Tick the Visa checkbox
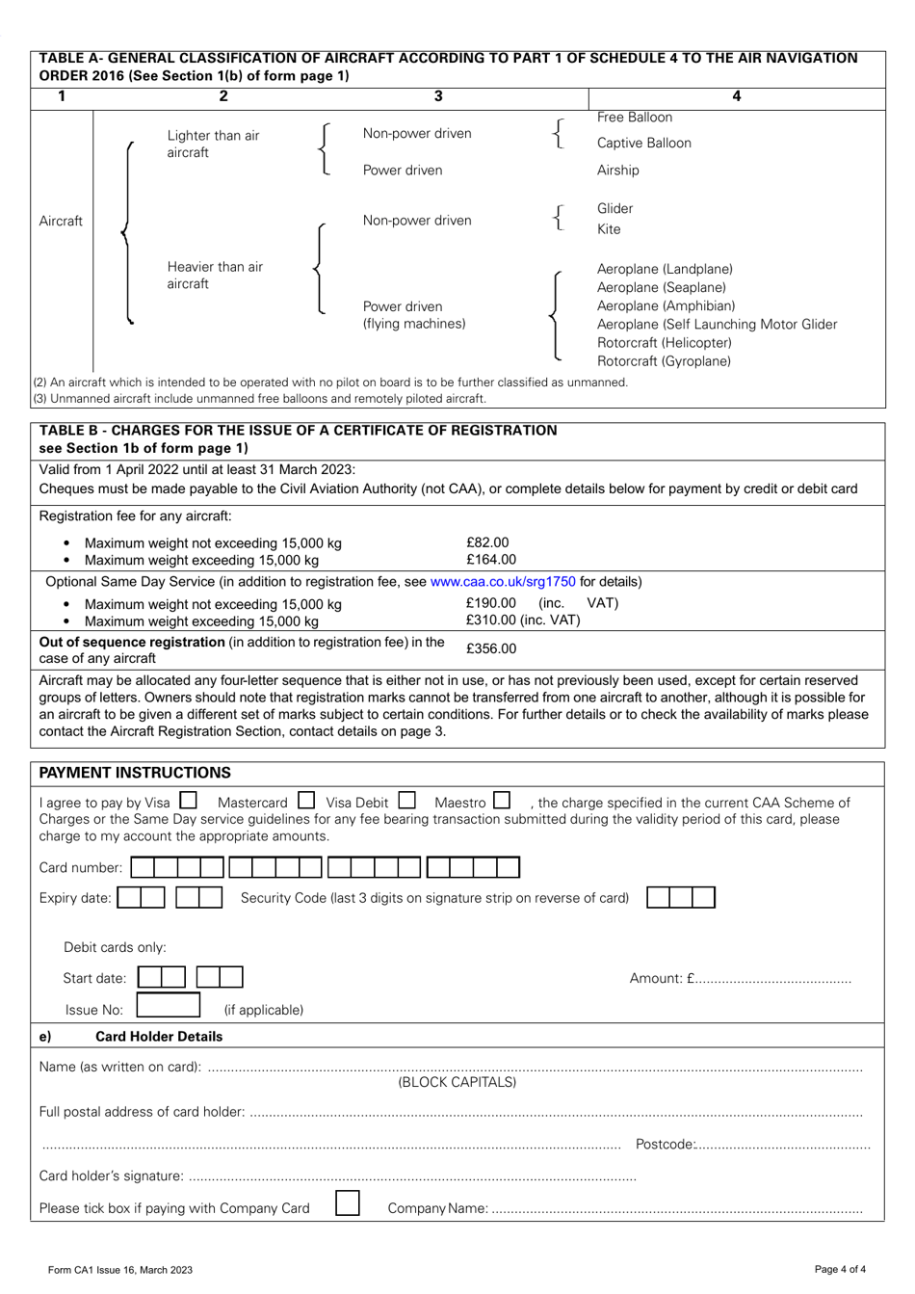coord(189,801)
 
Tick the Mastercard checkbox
coord(306,801)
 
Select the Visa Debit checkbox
coord(406,801)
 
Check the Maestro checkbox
coord(502,801)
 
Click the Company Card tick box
coord(348,1203)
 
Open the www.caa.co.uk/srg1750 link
coord(503,581)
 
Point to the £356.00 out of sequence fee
coord(491,648)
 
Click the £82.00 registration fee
coord(487,542)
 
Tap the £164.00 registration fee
coord(491,560)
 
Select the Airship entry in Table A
coord(617,171)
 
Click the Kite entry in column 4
coord(609,229)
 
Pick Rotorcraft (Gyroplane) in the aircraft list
coord(664,361)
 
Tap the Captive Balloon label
coord(643,144)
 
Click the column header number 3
coord(438,96)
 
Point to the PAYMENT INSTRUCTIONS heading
coord(135,773)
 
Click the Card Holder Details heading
coord(159,1037)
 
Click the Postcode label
coord(665,1145)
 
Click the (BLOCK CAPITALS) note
coord(457,1082)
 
